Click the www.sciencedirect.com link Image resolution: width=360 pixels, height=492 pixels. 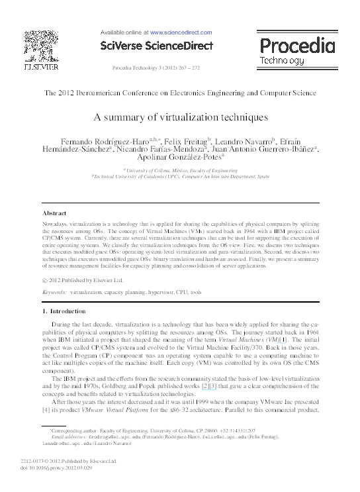click(181, 32)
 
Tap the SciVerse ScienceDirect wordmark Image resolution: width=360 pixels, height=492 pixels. click(156, 46)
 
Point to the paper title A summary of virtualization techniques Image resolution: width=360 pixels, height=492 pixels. click(180, 117)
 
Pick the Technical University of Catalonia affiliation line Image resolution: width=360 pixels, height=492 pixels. click(180, 177)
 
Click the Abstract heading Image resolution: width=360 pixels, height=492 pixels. click(54, 213)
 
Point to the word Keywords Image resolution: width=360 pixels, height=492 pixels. click(54, 291)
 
